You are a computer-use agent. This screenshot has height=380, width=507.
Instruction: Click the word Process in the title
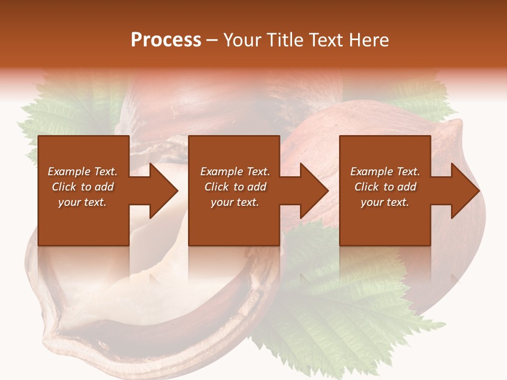pyautogui.click(x=166, y=40)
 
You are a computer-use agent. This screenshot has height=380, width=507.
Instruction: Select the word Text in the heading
pyautogui.click(x=325, y=40)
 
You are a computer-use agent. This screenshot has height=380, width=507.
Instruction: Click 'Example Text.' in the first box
pyautogui.click(x=82, y=172)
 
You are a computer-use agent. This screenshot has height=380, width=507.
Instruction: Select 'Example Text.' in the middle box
pyautogui.click(x=235, y=172)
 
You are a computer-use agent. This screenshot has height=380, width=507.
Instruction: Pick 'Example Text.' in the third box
pyautogui.click(x=385, y=172)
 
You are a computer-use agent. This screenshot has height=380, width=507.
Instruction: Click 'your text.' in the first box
pyautogui.click(x=82, y=202)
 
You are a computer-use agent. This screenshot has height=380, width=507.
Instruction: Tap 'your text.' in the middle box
pyautogui.click(x=235, y=202)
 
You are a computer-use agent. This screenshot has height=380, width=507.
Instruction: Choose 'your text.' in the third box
pyautogui.click(x=385, y=202)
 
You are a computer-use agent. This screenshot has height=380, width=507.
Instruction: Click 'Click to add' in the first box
pyautogui.click(x=82, y=187)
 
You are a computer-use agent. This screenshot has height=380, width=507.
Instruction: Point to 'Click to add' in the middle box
pyautogui.click(x=235, y=187)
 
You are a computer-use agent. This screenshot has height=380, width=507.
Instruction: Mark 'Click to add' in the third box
pyautogui.click(x=385, y=187)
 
